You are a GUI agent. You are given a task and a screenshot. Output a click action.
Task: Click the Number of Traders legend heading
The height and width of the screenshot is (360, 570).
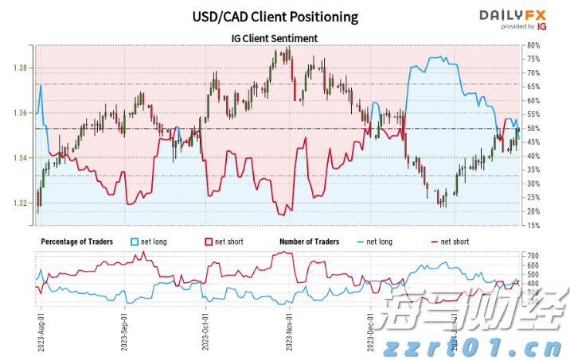(x=310, y=241)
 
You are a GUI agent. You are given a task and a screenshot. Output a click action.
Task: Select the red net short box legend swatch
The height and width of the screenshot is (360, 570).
(x=209, y=241)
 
